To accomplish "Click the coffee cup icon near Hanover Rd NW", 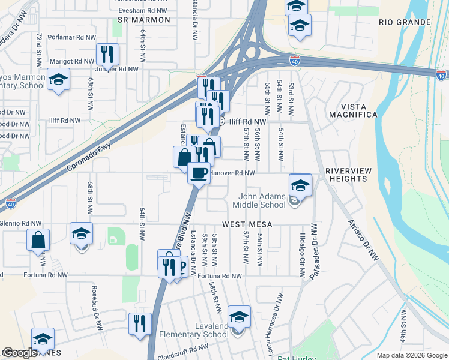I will [199, 173].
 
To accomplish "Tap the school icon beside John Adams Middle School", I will [300, 185].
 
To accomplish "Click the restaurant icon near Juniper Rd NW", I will [107, 55].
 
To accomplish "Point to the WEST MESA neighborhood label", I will [247, 224].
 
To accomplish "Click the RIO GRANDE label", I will [405, 22].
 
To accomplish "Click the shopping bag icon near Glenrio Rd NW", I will [38, 240].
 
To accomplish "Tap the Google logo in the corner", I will [20, 353].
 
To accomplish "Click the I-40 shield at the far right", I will [441, 75].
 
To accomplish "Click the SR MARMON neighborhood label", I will [144, 20].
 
